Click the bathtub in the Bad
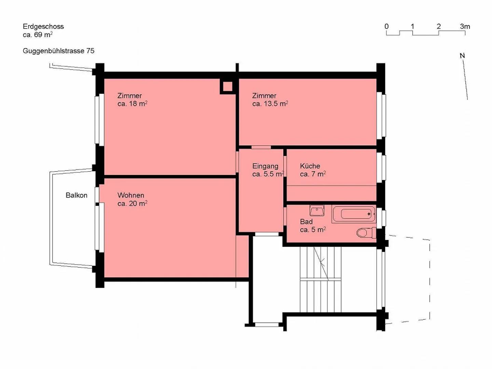coord(354,214)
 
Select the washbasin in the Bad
coord(317,211)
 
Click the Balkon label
coord(77,195)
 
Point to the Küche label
coord(310,166)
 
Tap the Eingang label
coord(265,166)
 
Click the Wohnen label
coord(131,195)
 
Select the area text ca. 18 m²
coord(132,104)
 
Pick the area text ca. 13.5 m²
coord(270,104)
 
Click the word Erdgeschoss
coord(43,26)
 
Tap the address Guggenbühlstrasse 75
coord(58,51)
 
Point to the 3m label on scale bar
coord(465,26)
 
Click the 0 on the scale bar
coord(386,26)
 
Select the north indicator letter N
coord(462,56)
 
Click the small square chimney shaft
coord(228,87)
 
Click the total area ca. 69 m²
coord(38,35)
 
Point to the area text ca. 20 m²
coord(132,204)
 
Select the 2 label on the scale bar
coord(439,26)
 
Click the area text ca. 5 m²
coord(313,230)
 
